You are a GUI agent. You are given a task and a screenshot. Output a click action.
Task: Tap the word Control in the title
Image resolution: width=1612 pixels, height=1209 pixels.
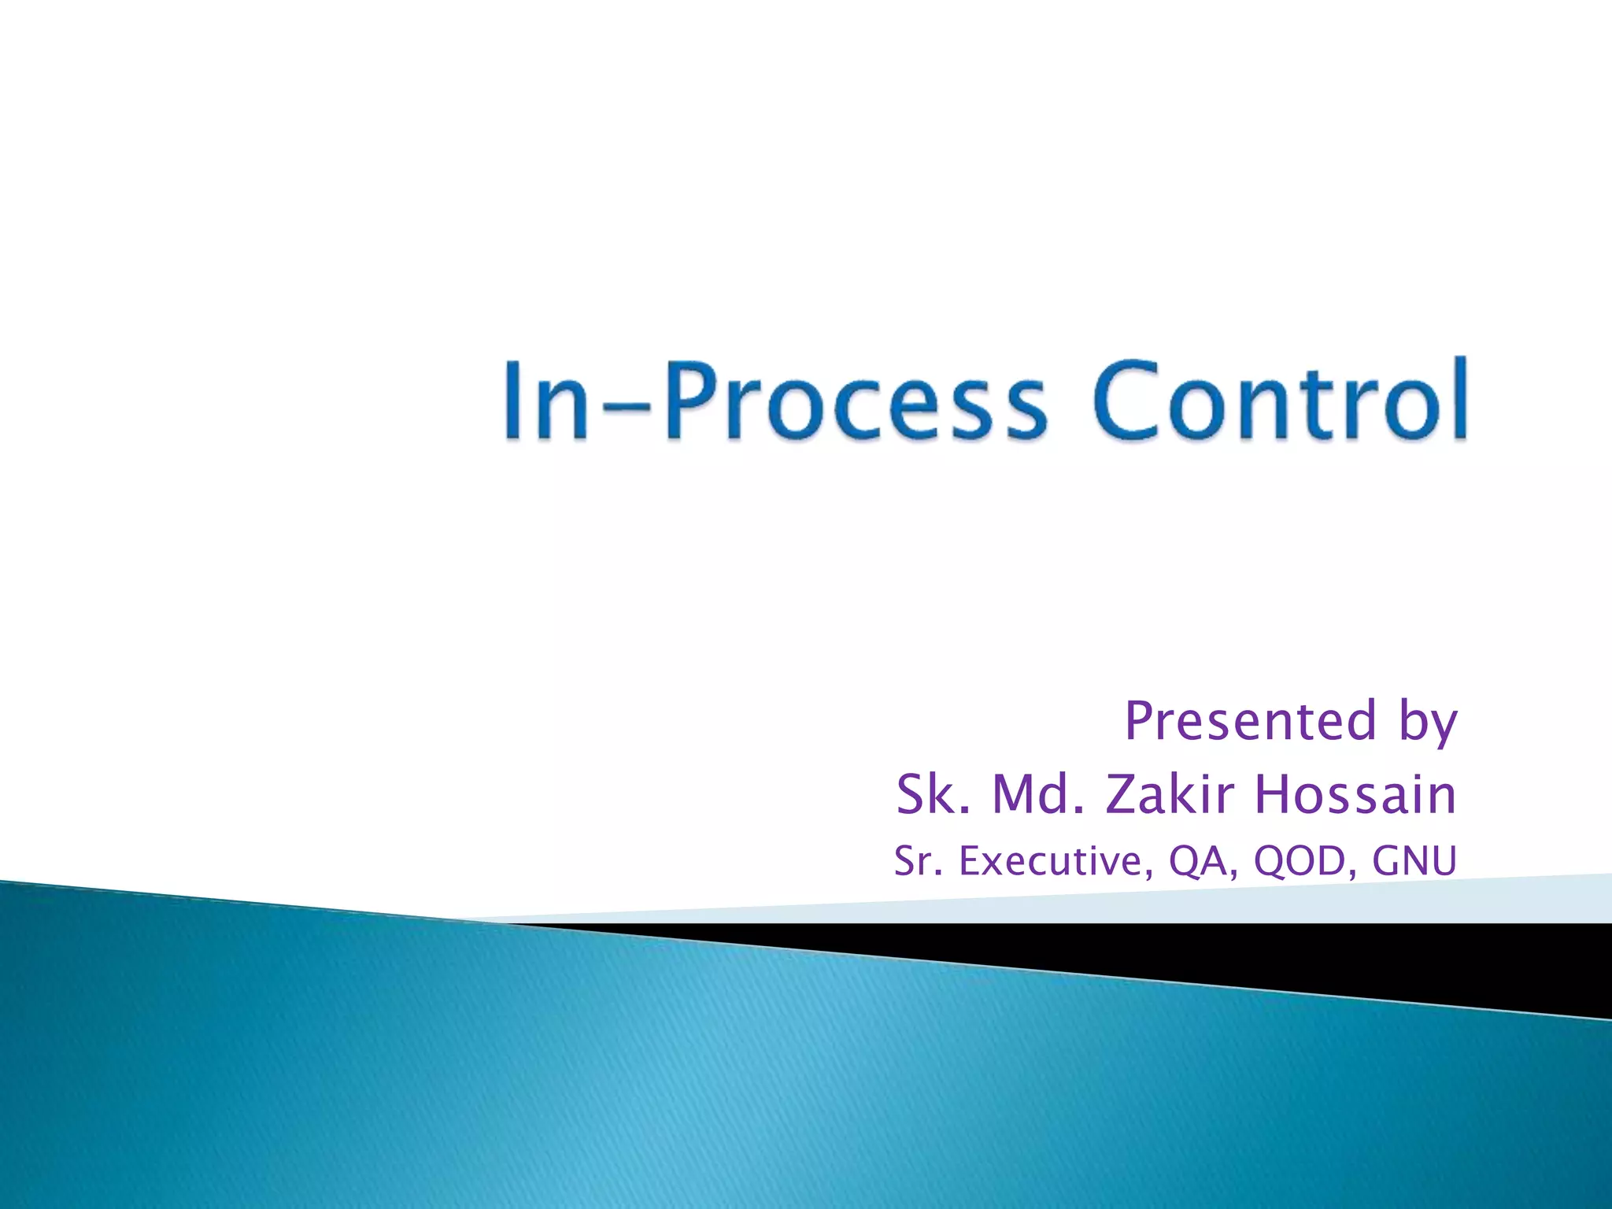pyautogui.click(x=1279, y=400)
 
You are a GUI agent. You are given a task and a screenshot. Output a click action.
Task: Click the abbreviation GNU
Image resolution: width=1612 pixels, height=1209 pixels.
pyautogui.click(x=1414, y=860)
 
